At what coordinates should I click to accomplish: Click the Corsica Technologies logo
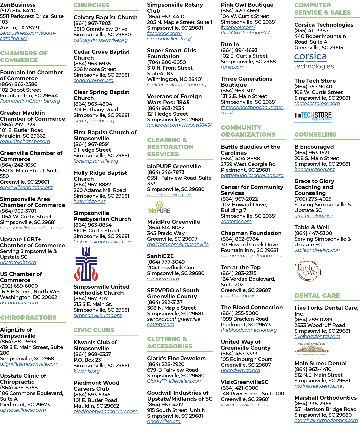314,61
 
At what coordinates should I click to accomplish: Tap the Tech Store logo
313,116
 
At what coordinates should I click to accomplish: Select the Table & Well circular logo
308,270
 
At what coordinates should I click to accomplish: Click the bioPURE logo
159,207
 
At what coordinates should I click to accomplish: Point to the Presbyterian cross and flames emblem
86,264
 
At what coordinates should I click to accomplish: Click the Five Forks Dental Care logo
312,348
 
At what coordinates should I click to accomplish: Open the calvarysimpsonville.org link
100,40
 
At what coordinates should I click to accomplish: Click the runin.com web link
233,67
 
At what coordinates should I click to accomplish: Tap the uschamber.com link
19,303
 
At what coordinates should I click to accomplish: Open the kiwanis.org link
87,371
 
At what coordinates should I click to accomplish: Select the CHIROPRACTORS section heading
28,317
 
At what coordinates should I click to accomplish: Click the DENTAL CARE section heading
317,296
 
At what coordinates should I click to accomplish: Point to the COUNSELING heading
315,134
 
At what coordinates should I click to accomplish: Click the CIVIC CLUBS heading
94,330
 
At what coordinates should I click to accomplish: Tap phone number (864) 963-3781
18,211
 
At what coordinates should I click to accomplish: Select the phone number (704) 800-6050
167,62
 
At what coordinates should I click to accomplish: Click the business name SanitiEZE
160,256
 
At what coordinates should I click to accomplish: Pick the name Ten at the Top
241,267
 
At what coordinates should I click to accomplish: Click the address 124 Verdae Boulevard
248,279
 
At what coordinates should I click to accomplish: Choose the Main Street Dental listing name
320,364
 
